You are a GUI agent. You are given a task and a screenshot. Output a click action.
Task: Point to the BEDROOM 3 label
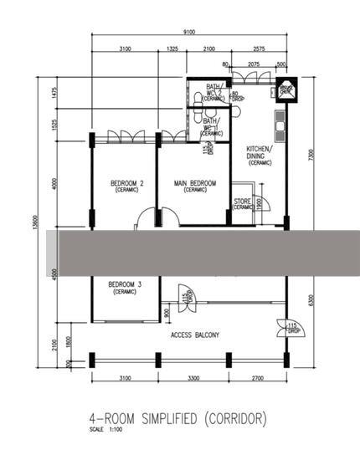[125, 287]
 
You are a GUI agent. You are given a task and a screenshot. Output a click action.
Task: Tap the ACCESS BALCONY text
[195, 335]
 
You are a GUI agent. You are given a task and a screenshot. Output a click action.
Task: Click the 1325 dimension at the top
[172, 50]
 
